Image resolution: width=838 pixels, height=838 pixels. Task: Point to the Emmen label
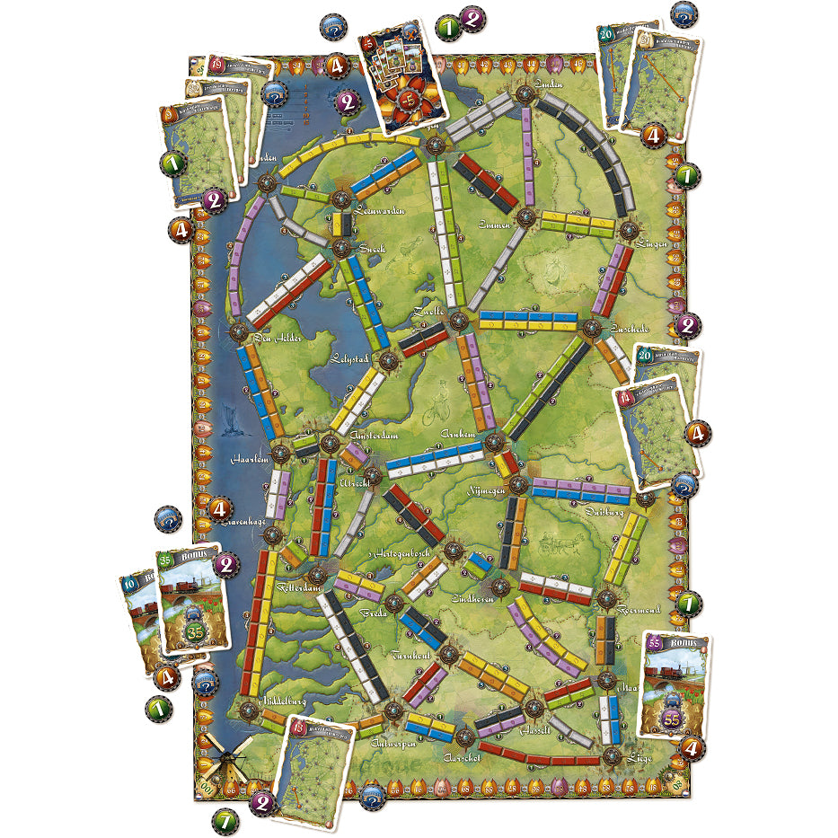click(494, 224)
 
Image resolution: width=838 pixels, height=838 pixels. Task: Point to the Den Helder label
click(275, 339)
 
